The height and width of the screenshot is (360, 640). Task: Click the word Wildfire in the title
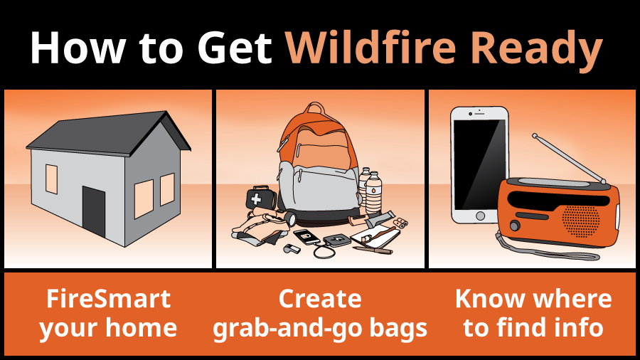pyautogui.click(x=373, y=48)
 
